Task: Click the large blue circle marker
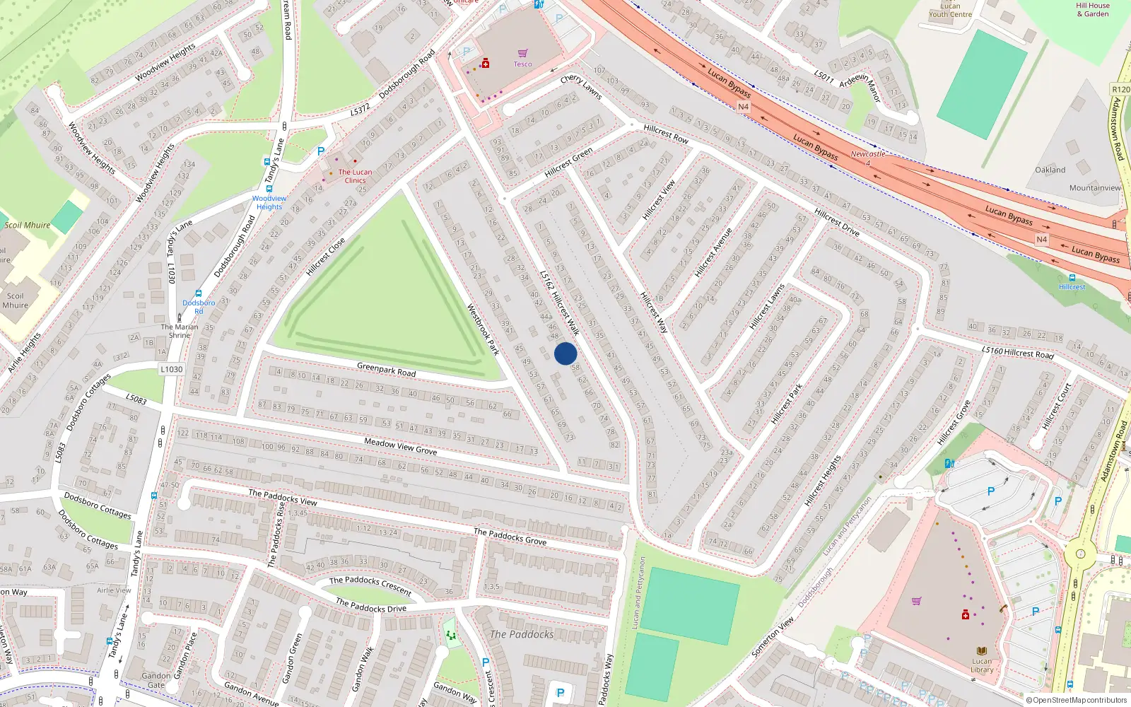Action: click(565, 353)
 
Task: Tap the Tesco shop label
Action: click(522, 64)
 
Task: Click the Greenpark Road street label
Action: click(386, 369)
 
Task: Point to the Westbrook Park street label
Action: click(484, 329)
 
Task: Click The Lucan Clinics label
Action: click(355, 176)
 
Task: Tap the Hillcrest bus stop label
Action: click(1072, 287)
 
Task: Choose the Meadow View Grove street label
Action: click(400, 446)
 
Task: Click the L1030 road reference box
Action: click(171, 369)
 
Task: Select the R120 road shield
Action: click(1121, 89)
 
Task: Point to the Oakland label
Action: click(1050, 170)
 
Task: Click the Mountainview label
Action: click(1095, 188)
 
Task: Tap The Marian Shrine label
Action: click(180, 331)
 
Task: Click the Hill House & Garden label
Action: click(1093, 9)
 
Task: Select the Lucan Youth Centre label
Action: click(950, 10)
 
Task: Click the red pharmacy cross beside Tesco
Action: click(486, 64)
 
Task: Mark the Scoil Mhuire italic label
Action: click(28, 226)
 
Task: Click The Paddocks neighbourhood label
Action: click(522, 634)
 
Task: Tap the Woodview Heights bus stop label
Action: click(269, 202)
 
